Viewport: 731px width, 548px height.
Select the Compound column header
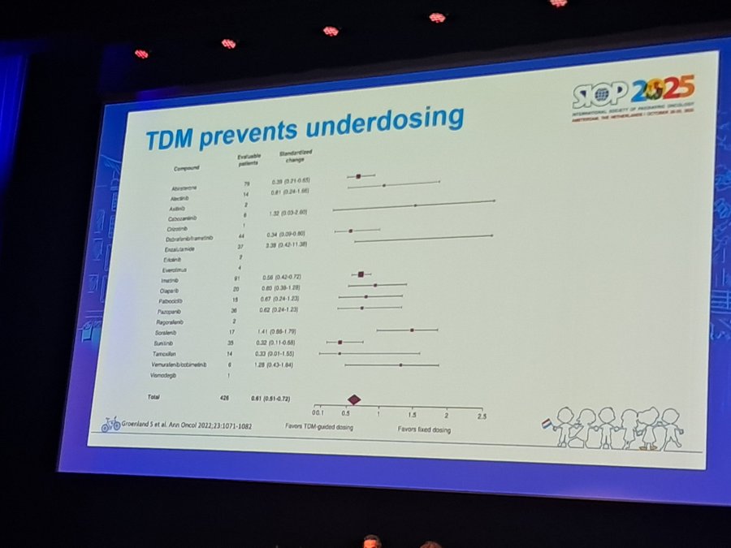[186, 168]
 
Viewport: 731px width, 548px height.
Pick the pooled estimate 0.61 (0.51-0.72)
[270, 399]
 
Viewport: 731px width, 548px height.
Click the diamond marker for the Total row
[354, 399]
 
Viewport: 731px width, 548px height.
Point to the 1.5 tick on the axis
[413, 414]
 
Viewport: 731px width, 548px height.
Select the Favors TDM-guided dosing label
[318, 425]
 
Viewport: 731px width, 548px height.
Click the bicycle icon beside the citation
[110, 423]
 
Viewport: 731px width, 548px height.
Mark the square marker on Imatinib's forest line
[361, 274]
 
